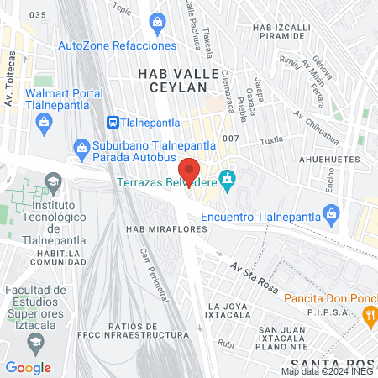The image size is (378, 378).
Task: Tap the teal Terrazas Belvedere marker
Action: pos(226,178)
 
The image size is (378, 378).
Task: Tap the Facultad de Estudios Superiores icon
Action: pos(34,340)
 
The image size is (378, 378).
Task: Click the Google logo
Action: pos(28,367)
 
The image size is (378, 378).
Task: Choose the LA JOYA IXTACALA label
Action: pos(229,312)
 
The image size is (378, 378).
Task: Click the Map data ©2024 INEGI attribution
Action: pos(328,371)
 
